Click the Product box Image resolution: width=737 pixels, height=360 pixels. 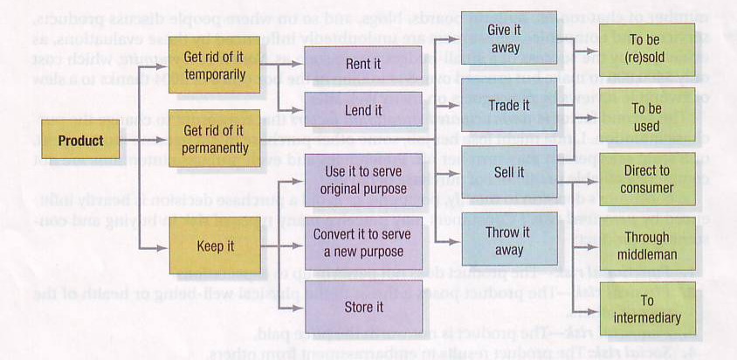(x=80, y=141)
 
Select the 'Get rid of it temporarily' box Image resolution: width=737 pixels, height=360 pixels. (x=216, y=64)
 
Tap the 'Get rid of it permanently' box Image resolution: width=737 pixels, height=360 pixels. (x=216, y=139)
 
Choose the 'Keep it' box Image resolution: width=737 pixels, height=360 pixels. (x=216, y=246)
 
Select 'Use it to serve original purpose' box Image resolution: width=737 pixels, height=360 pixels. (x=366, y=181)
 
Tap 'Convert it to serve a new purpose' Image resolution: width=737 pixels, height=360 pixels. (x=366, y=244)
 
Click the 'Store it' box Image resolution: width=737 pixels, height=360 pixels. (x=366, y=307)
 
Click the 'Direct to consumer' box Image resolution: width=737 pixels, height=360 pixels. (x=647, y=179)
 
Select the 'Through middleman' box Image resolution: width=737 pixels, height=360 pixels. (x=647, y=246)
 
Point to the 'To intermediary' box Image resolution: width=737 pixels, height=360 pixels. (x=647, y=309)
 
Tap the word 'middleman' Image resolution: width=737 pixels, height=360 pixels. (x=647, y=255)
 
